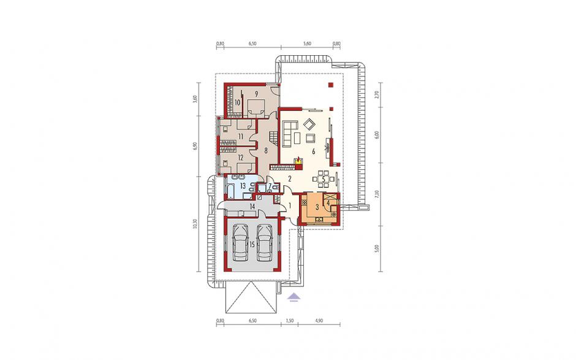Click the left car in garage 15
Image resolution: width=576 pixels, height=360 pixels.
pyautogui.click(x=240, y=243)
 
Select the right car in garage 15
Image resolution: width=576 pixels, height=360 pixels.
pyautogui.click(x=265, y=243)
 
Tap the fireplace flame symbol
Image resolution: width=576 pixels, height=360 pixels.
pyautogui.click(x=299, y=160)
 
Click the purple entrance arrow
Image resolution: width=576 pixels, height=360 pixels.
pyautogui.click(x=293, y=296)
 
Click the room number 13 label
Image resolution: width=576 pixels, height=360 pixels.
pyautogui.click(x=243, y=186)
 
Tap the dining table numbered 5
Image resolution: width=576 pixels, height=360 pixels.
pyautogui.click(x=324, y=178)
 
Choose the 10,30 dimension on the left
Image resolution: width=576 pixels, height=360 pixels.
pyautogui.click(x=195, y=224)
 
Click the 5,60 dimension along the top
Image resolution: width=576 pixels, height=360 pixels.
pyautogui.click(x=307, y=44)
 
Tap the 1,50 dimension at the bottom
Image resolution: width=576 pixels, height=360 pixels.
pyautogui.click(x=289, y=321)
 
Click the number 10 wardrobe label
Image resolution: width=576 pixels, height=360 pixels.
pyautogui.click(x=237, y=102)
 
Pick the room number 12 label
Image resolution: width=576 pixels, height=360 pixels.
pyautogui.click(x=241, y=158)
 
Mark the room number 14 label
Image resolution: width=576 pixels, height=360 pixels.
pyautogui.click(x=252, y=207)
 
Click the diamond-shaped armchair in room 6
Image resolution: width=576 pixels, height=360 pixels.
pyautogui.click(x=309, y=124)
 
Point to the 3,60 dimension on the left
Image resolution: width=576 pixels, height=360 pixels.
pyautogui.click(x=195, y=99)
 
